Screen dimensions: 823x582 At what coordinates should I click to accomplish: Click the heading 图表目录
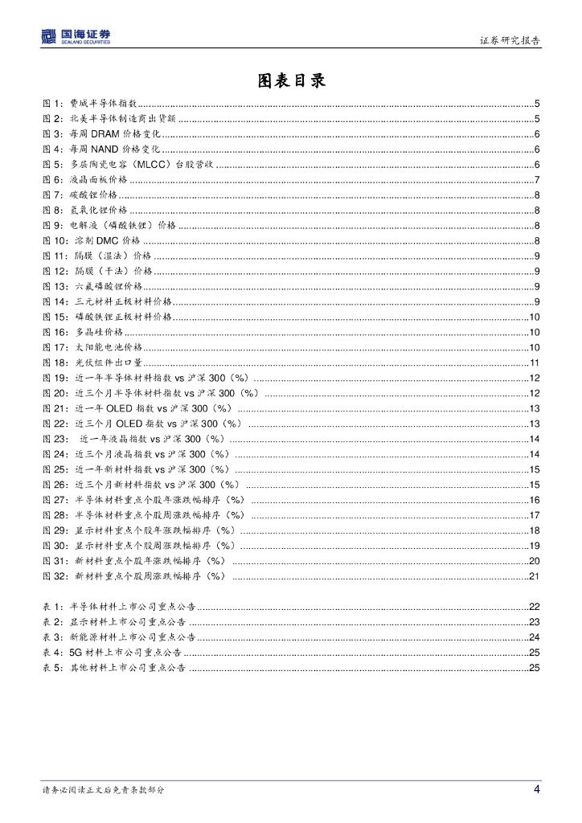click(x=291, y=80)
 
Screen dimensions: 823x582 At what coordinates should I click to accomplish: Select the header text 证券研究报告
click(x=510, y=40)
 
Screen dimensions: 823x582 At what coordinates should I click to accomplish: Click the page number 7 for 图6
click(x=536, y=179)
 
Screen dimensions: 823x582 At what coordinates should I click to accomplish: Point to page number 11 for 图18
click(x=534, y=362)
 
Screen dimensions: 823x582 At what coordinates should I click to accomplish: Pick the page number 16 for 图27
click(x=534, y=500)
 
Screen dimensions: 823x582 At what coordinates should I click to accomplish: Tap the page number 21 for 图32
click(x=534, y=576)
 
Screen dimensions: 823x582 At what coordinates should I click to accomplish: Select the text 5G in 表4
click(x=77, y=653)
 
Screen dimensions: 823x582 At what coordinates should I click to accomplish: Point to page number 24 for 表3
click(x=534, y=637)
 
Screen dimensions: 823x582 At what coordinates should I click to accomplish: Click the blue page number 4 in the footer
click(x=536, y=789)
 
